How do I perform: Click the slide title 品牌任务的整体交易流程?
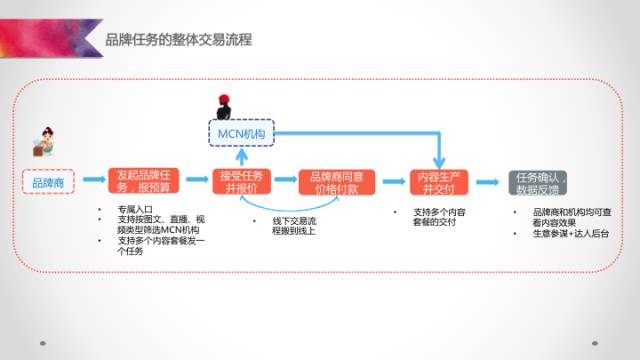[178, 40]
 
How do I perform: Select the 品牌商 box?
[47, 184]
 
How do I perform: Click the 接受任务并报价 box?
[239, 182]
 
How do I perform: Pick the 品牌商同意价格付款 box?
[337, 182]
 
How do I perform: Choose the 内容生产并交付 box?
[439, 182]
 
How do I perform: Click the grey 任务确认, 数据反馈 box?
[538, 182]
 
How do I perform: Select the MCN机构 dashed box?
[239, 133]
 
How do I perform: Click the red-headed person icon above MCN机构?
[225, 105]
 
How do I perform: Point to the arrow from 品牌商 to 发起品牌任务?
[91, 183]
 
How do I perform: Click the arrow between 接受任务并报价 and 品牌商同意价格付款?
[284, 183]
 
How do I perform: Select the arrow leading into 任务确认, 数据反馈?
[487, 183]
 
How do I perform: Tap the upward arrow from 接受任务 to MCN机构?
[239, 155]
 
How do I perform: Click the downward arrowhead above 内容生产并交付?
[439, 159]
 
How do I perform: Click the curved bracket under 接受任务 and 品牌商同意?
[290, 206]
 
